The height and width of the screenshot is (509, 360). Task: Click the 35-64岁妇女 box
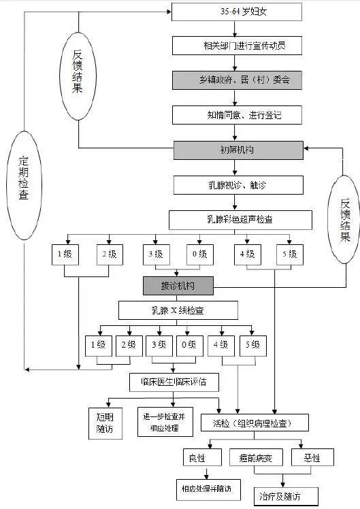click(x=236, y=12)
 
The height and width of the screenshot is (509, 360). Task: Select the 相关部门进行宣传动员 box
click(x=236, y=46)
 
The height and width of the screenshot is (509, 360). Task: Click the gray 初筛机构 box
click(x=236, y=150)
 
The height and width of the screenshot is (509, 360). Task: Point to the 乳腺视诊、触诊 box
click(x=236, y=185)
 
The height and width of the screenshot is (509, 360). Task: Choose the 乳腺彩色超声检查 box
click(x=240, y=220)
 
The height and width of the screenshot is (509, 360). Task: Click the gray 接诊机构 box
click(x=178, y=285)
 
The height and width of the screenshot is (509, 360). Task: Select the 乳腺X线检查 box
click(x=178, y=311)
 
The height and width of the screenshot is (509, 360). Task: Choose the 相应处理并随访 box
click(x=206, y=488)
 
